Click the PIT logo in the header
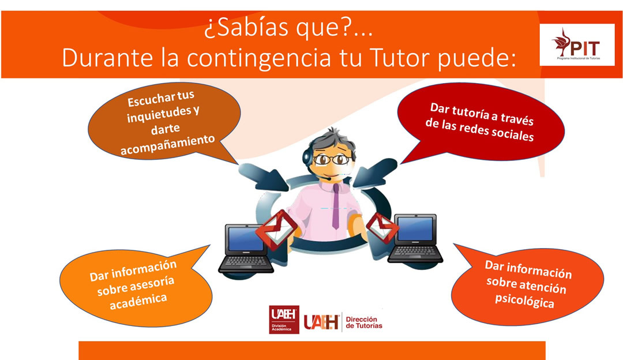[x=577, y=44]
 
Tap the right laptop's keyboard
[x=415, y=252]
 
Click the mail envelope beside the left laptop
[x=277, y=230]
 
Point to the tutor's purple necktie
[x=336, y=206]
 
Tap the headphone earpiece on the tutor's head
[x=307, y=156]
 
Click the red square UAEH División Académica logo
[x=284, y=320]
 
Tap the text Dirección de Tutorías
[x=364, y=322]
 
